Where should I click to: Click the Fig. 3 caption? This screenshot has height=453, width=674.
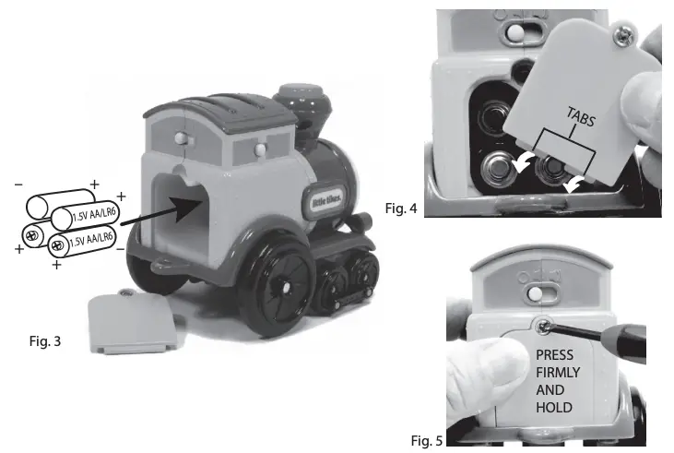pos(45,341)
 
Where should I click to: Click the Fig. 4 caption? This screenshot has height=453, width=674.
pos(401,209)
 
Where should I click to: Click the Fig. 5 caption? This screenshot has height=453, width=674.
pos(426,440)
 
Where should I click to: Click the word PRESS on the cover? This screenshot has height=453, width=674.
pos(553,354)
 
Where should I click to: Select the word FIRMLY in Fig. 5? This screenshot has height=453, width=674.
pos(557,372)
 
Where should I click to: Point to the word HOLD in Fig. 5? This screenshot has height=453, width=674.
pos(553,407)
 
